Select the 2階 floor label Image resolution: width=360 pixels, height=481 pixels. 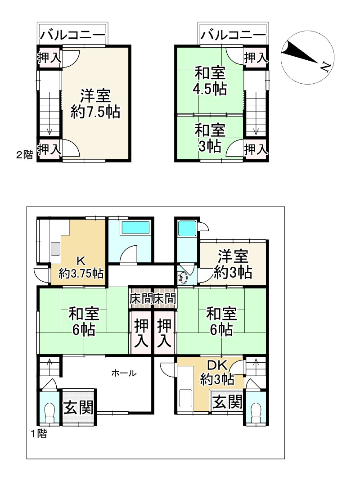coord(24,155)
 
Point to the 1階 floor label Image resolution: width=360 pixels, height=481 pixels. coord(38,434)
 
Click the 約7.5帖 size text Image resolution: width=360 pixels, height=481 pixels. coord(95,112)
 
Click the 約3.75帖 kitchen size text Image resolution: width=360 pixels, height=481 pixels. coord(81,273)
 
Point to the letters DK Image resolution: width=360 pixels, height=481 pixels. coord(219,365)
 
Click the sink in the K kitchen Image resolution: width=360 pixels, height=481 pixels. coord(56,248)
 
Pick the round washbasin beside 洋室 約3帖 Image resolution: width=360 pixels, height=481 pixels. coord(183,278)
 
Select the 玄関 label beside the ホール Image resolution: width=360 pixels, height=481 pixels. coord(78,408)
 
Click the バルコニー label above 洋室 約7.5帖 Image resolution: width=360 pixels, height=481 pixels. coord(72,35)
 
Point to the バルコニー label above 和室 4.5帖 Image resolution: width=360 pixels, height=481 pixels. coord(233,35)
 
